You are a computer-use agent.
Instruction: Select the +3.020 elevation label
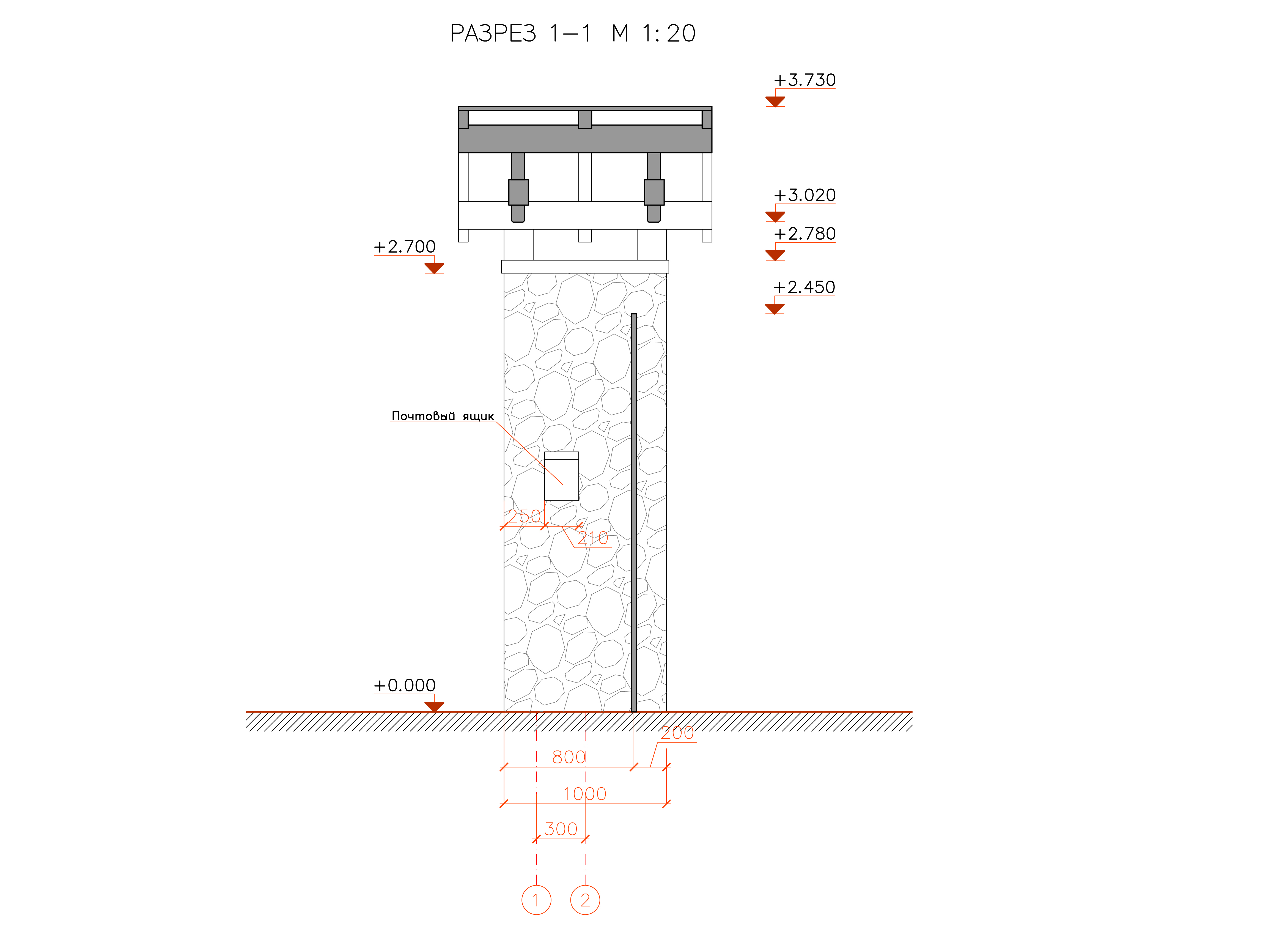[x=804, y=195]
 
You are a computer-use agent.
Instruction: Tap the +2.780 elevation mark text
[x=804, y=234]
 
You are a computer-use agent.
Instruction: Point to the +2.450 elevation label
[x=804, y=287]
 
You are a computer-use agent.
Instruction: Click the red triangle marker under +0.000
[x=434, y=706]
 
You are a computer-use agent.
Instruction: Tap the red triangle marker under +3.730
[x=775, y=101]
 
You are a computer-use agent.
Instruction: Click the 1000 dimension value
[x=584, y=794]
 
